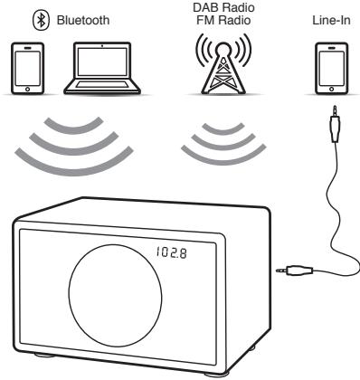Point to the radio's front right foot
pos(208,371)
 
